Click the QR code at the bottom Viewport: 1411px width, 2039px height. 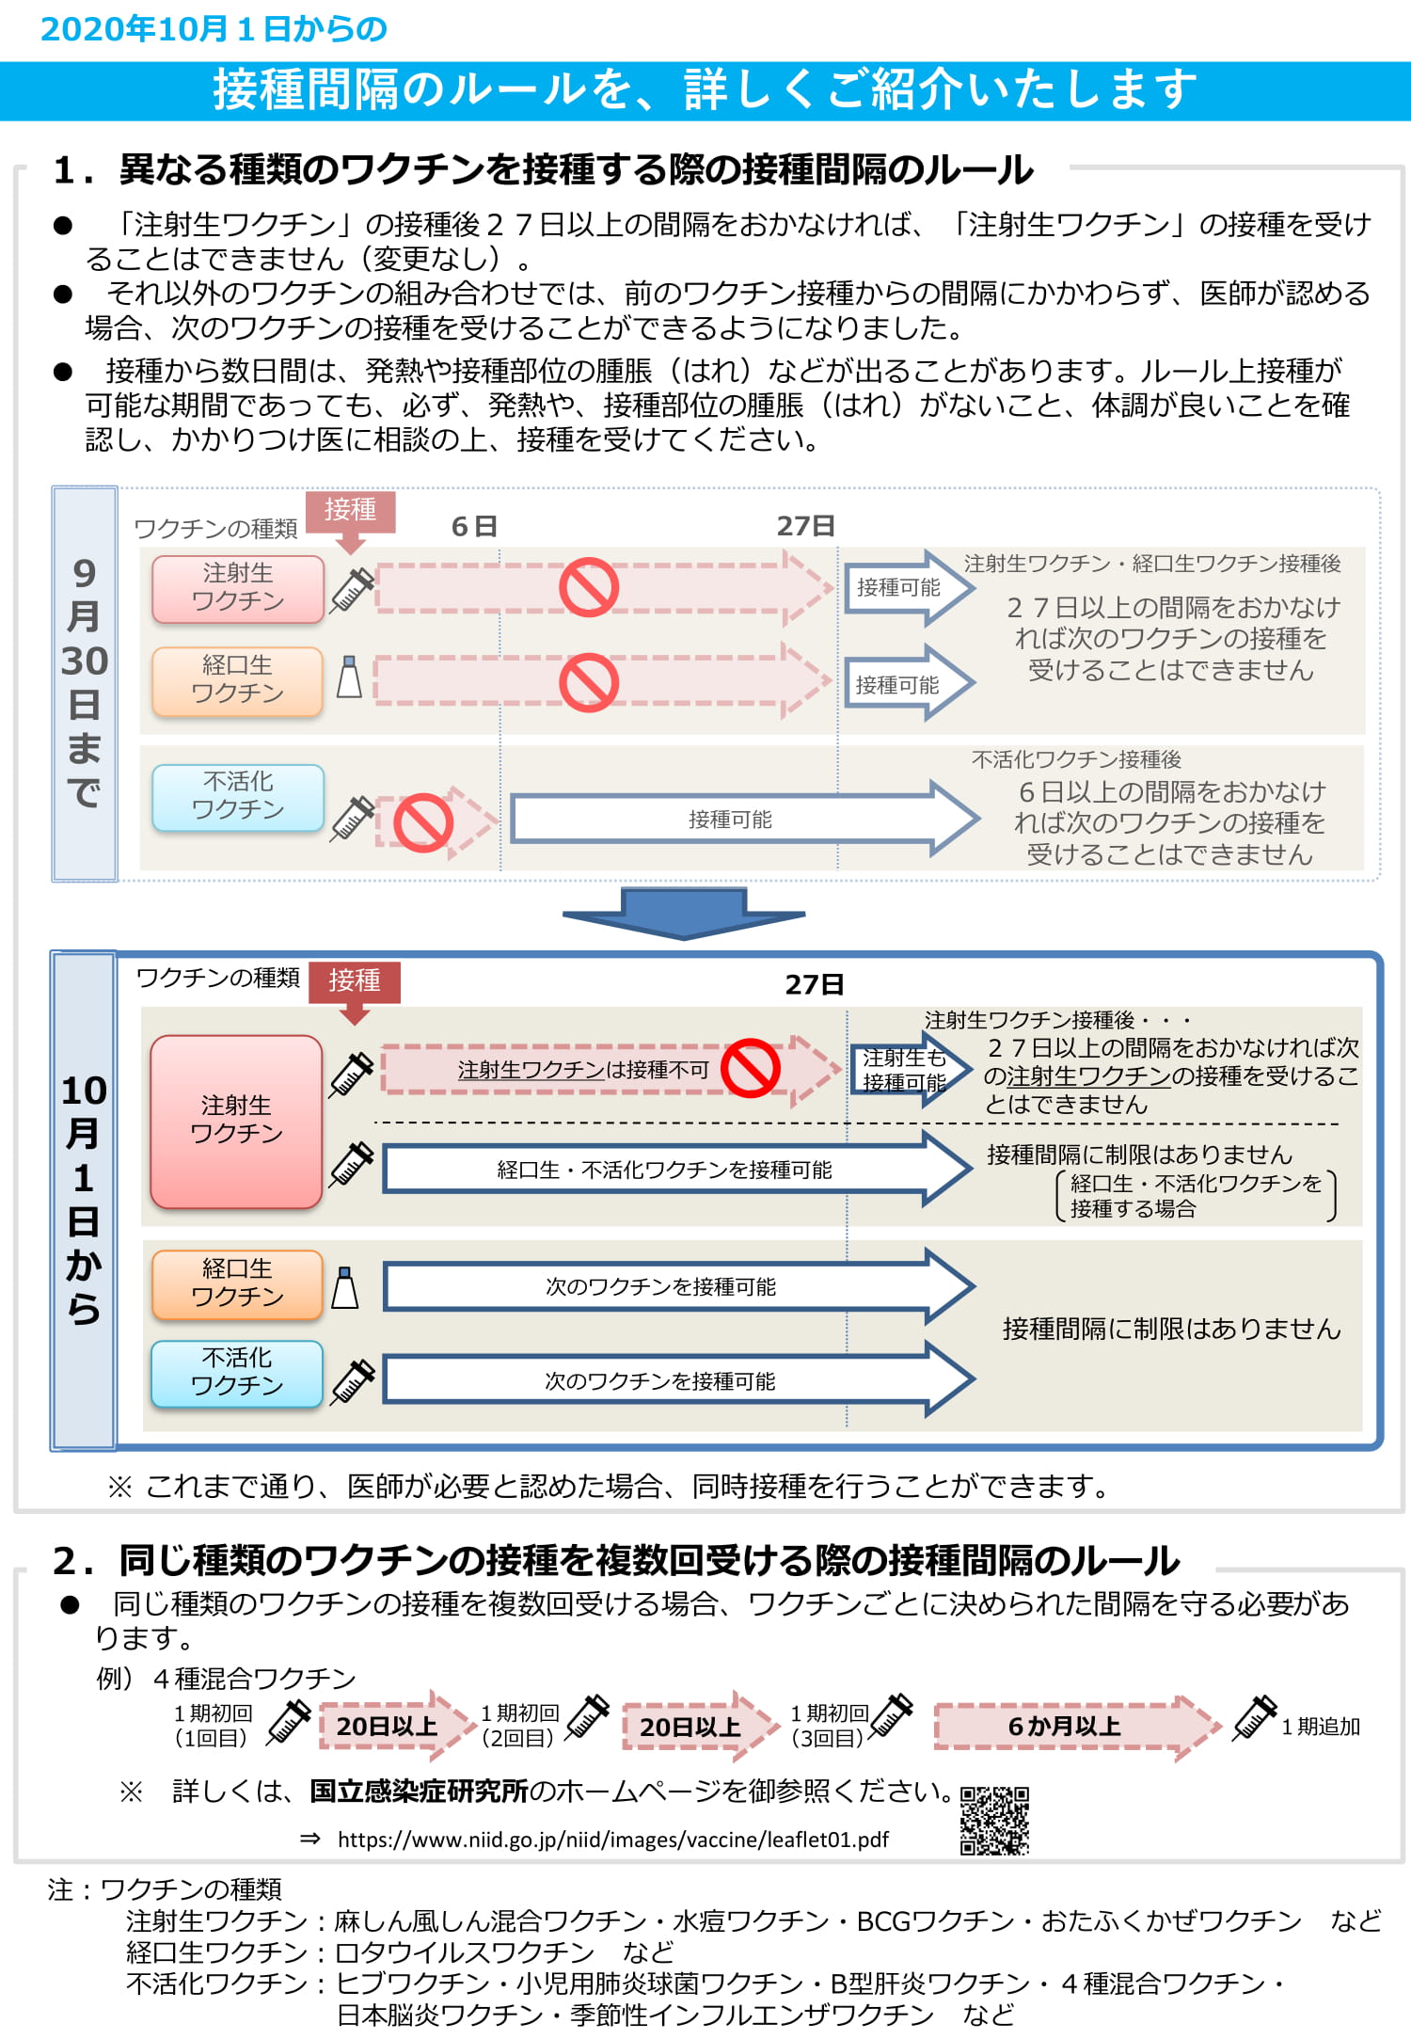[x=994, y=1820]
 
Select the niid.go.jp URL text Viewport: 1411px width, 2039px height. [x=612, y=1840]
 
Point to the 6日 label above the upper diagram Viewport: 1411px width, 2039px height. [x=474, y=527]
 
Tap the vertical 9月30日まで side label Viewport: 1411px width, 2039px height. [x=85, y=683]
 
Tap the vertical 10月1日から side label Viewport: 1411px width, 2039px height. [x=84, y=1200]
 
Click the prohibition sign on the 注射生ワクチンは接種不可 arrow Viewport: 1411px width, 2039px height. [x=751, y=1068]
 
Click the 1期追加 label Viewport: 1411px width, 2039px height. [x=1321, y=1727]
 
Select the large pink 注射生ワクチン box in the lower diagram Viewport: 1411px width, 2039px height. [x=236, y=1121]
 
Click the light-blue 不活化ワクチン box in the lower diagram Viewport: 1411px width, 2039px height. [x=237, y=1373]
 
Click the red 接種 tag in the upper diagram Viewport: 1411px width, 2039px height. [x=351, y=511]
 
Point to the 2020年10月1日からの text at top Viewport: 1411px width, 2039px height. [x=214, y=29]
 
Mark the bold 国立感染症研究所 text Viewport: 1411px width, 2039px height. [x=420, y=1791]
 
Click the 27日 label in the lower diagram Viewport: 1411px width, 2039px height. [x=815, y=985]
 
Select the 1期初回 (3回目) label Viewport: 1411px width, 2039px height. [x=829, y=1726]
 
